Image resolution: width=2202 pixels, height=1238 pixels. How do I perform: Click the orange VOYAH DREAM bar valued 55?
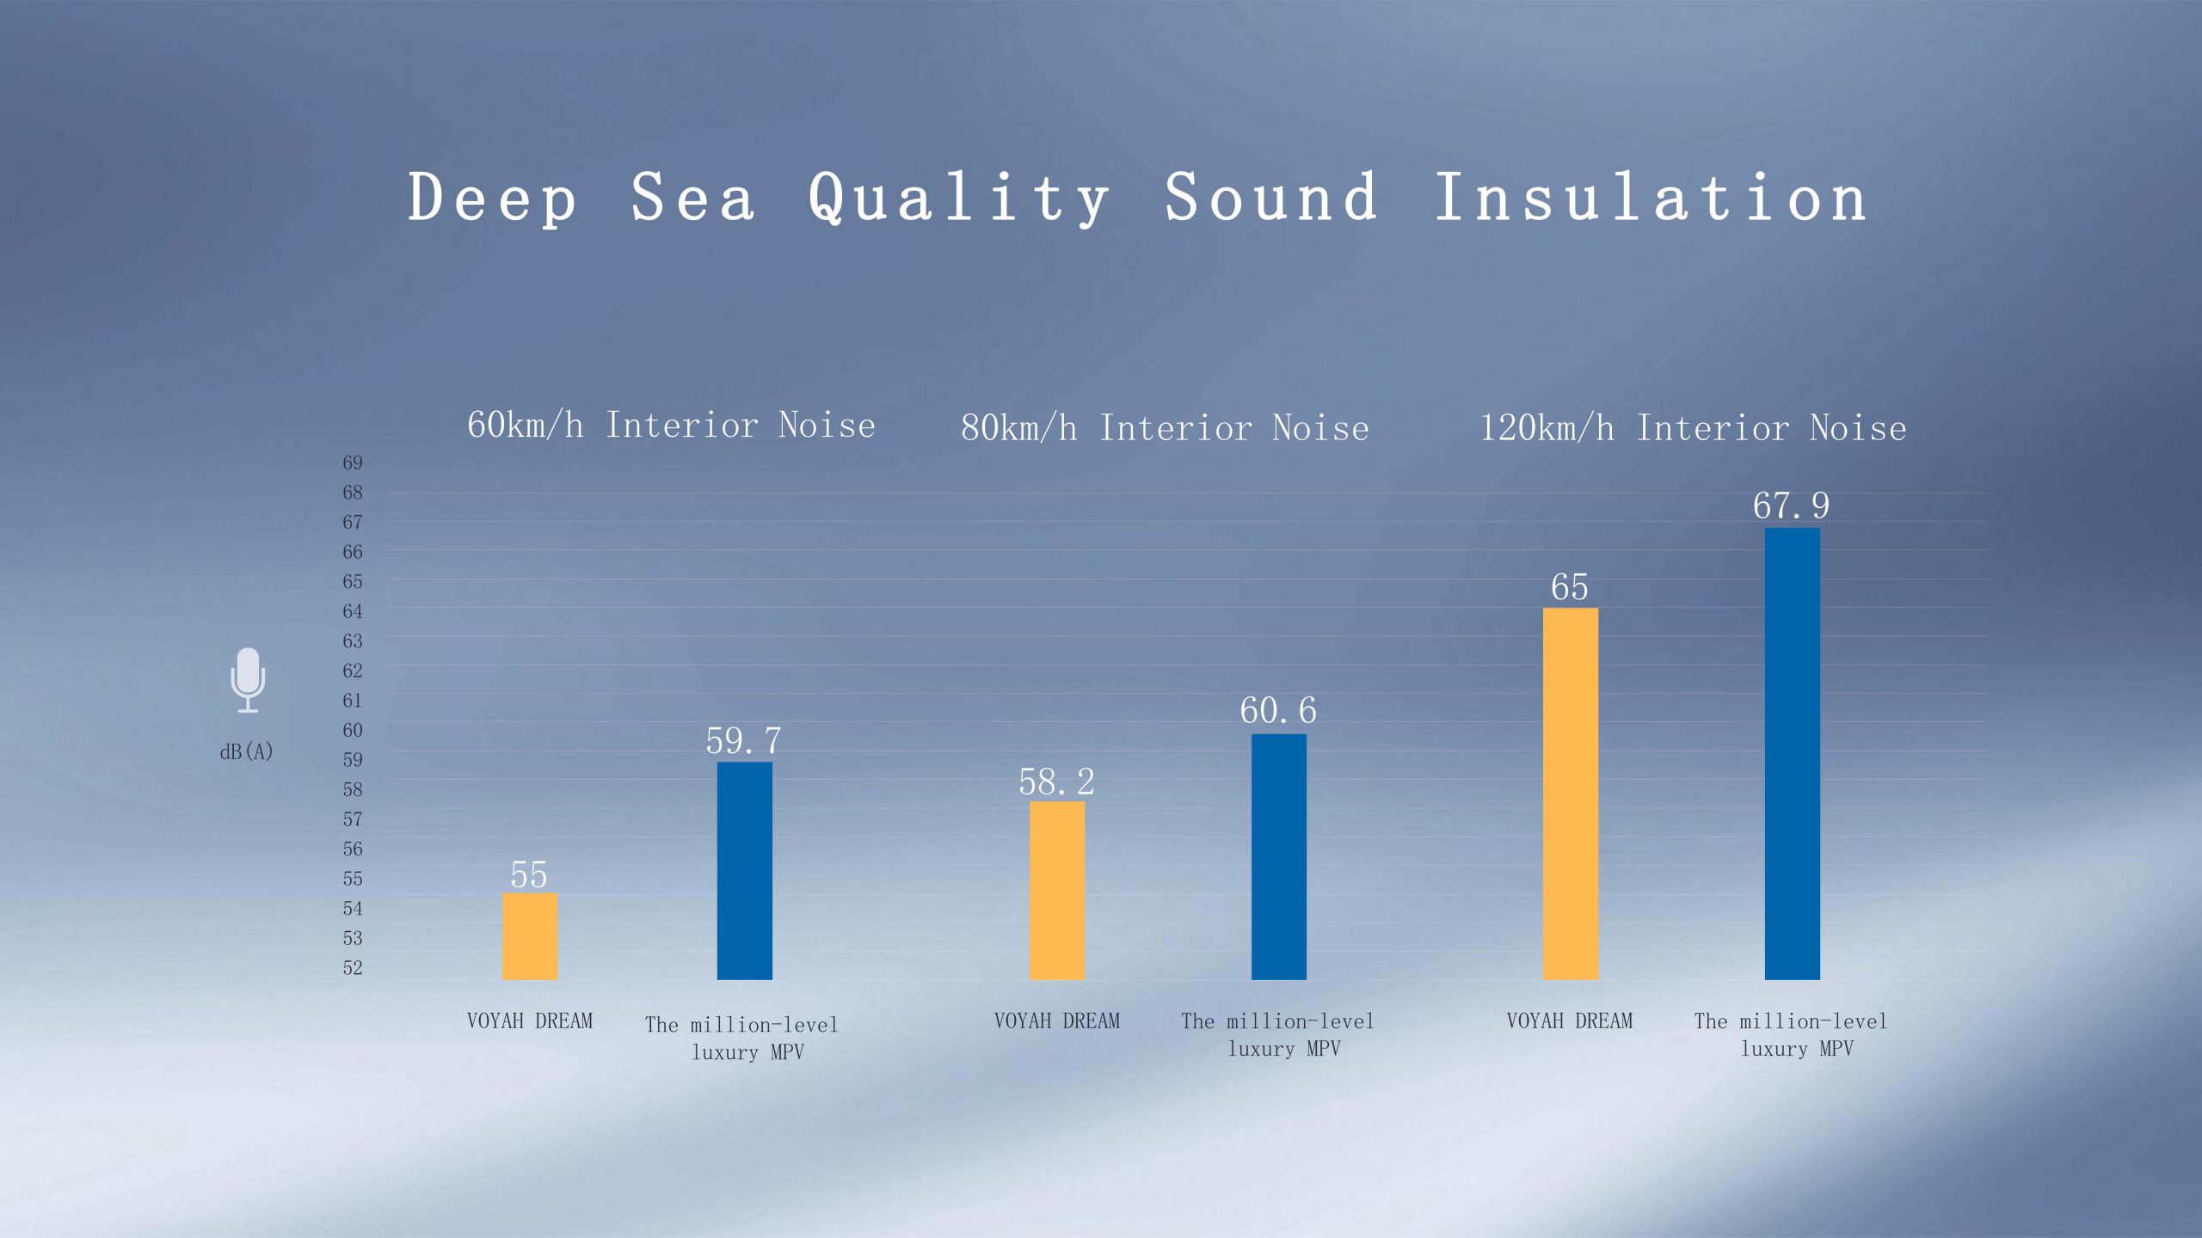tap(530, 936)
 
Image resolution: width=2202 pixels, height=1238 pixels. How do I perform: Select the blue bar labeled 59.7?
tap(745, 871)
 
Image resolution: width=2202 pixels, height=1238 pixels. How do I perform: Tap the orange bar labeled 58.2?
tap(1057, 891)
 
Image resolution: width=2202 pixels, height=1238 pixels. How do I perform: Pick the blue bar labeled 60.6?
tap(1279, 857)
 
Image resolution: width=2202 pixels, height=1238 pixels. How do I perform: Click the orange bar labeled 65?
tap(1571, 794)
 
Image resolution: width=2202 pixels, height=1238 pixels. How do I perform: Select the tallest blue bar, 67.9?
tap(1793, 754)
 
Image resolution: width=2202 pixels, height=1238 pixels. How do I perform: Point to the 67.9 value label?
tap(1792, 506)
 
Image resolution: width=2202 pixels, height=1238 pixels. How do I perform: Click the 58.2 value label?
tap(1057, 781)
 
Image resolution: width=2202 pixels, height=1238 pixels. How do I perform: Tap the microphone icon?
tap(248, 680)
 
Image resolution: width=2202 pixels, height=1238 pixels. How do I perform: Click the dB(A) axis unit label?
tap(247, 751)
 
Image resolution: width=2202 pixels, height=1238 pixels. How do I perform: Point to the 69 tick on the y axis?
tap(353, 463)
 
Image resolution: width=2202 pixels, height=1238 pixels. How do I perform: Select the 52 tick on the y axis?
tap(353, 967)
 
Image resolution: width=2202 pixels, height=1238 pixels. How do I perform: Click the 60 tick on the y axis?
tap(353, 730)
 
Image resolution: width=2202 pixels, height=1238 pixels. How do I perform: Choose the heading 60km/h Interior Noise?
tap(671, 425)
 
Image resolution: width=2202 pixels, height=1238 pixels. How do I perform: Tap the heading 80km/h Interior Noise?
tap(1165, 427)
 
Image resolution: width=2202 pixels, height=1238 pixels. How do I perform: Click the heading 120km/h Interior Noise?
tap(1693, 427)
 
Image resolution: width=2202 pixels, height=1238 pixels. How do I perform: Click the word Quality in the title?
tap(958, 198)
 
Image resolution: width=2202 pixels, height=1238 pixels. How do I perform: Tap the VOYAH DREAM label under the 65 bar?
tap(1570, 1020)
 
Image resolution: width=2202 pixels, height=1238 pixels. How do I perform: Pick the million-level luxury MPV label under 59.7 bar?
tap(741, 1038)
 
